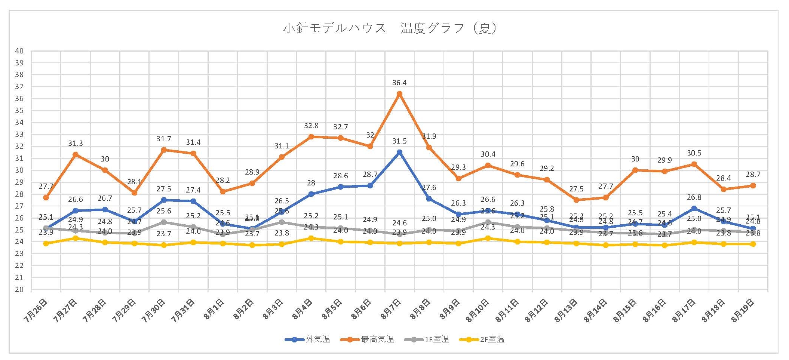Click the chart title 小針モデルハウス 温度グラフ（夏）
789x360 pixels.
pyautogui.click(x=390, y=28)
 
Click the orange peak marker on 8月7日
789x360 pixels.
pyautogui.click(x=399, y=94)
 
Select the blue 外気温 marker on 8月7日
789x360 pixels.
pyautogui.click(x=399, y=152)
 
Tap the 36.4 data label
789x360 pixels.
pyautogui.click(x=399, y=83)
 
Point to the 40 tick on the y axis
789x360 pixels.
pyautogui.click(x=19, y=51)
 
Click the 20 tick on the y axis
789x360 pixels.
pyautogui.click(x=19, y=289)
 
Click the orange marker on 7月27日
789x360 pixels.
pyautogui.click(x=76, y=154)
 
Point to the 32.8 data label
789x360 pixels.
pyautogui.click(x=311, y=126)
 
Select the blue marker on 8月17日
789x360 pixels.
pyautogui.click(x=694, y=208)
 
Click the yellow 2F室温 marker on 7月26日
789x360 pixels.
pyautogui.click(x=46, y=243)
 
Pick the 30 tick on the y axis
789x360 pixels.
pyautogui.click(x=19, y=170)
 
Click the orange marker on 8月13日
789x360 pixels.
pyautogui.click(x=576, y=200)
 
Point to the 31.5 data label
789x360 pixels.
pyautogui.click(x=399, y=141)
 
